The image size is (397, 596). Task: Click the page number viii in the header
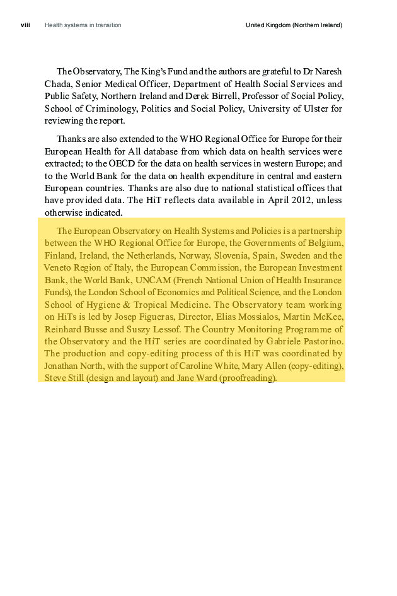25,25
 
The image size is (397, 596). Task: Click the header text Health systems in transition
83,25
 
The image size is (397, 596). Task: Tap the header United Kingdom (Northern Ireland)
294,25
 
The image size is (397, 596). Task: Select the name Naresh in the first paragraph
328,71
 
